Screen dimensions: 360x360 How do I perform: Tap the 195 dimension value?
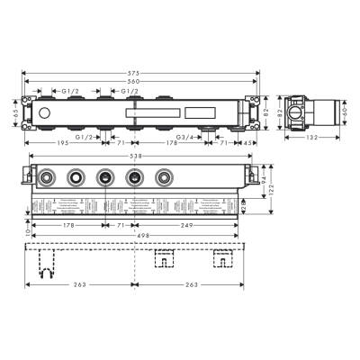pyautogui.click(x=61, y=143)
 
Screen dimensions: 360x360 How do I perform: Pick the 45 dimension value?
pyautogui.click(x=247, y=143)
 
